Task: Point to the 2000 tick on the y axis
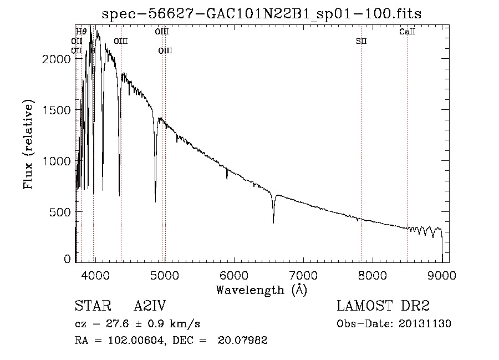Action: [x=58, y=59]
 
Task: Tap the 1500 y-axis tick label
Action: [x=58, y=110]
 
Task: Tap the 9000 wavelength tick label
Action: [x=442, y=275]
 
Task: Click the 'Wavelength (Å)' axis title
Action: [x=261, y=290]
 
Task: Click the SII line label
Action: [x=361, y=41]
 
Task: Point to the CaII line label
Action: [x=408, y=32]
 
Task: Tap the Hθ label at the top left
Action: [x=81, y=32]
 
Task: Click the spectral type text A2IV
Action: [x=150, y=306]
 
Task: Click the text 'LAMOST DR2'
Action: [x=383, y=306]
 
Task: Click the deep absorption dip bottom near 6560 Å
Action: [x=273, y=222]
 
